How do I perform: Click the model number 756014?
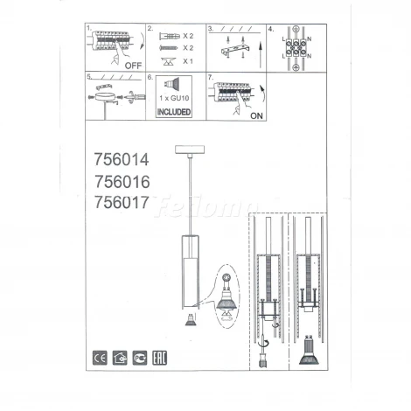pos(122,160)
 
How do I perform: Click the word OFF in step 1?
pos(133,65)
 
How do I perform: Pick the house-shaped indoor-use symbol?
pos(121,358)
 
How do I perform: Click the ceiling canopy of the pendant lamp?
pos(188,150)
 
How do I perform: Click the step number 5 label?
pos(89,77)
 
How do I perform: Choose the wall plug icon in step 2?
pos(165,36)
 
